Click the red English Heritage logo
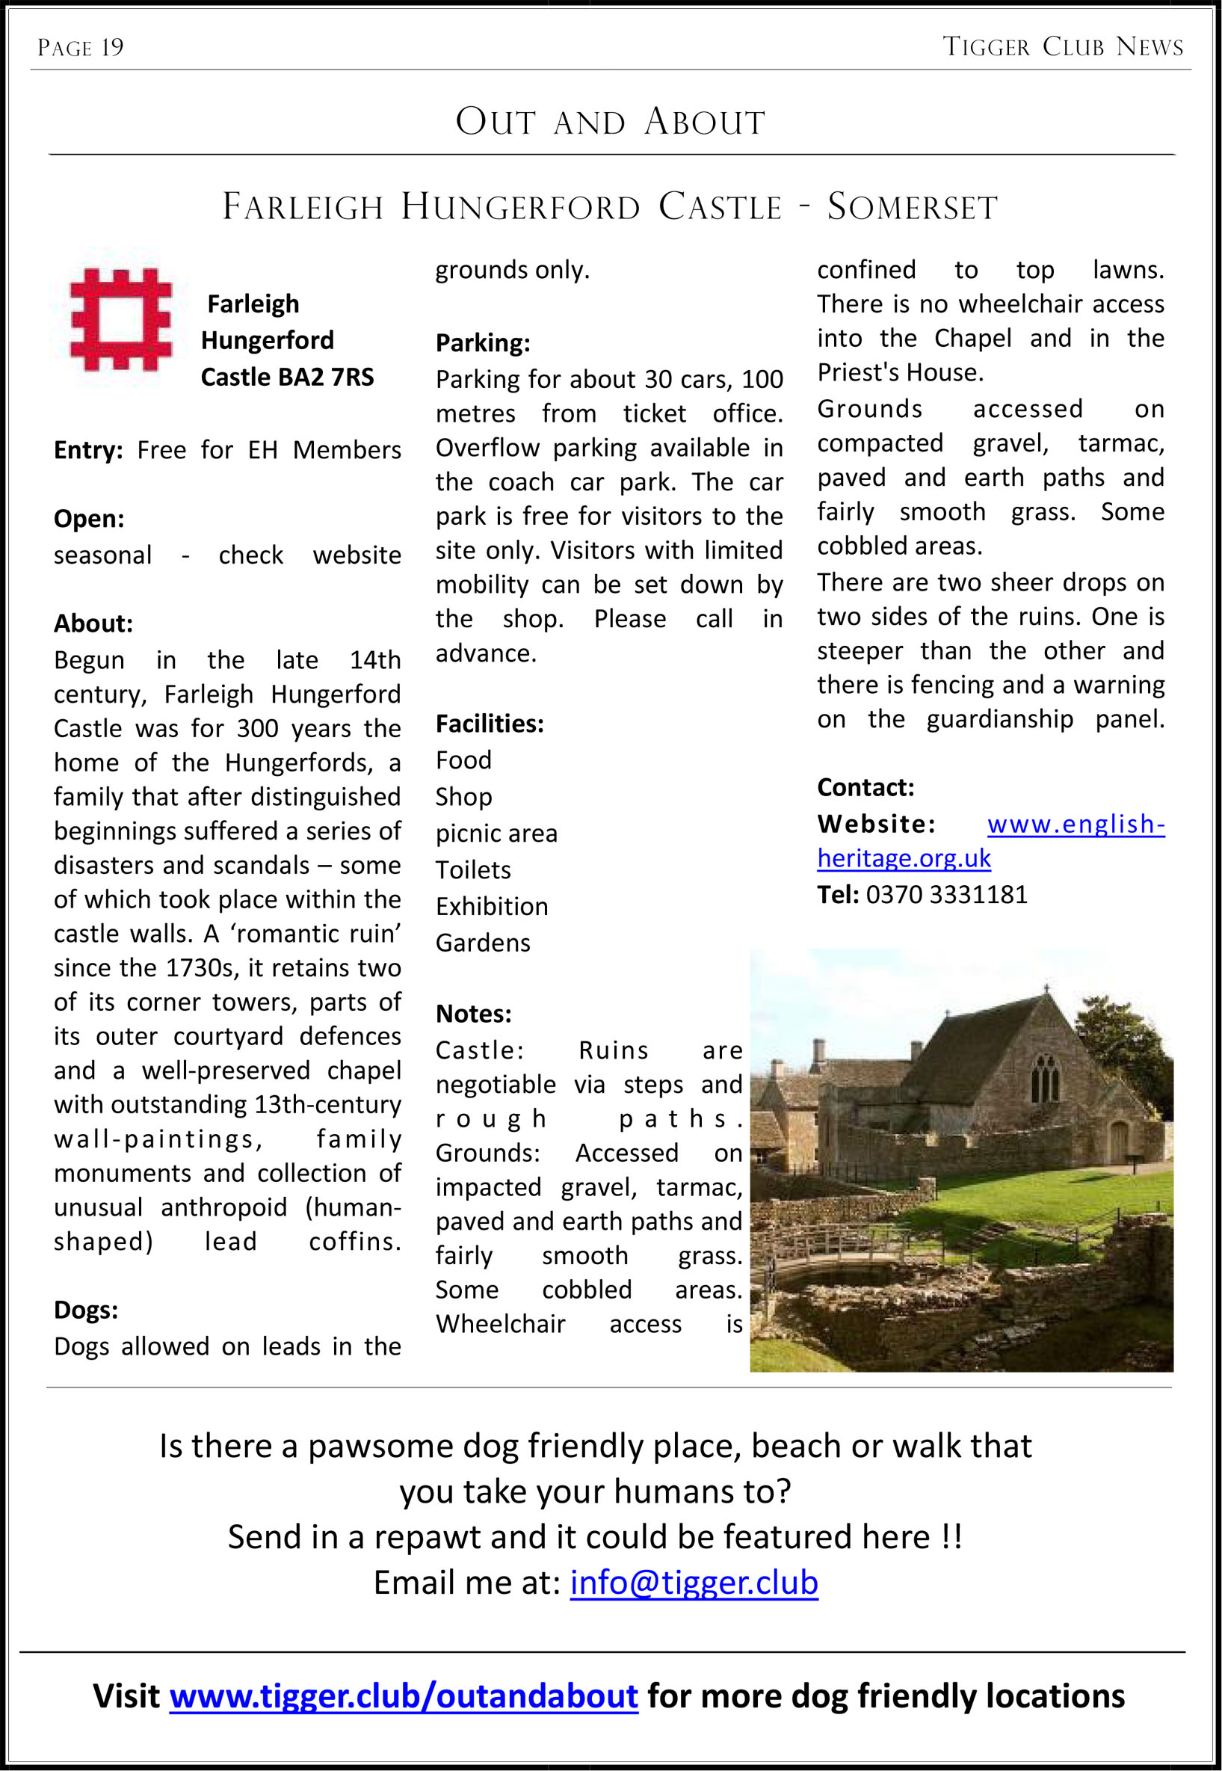click(x=120, y=320)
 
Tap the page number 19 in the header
click(x=112, y=48)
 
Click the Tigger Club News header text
click(x=1063, y=46)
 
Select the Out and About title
click(x=610, y=122)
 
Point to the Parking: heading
click(x=482, y=343)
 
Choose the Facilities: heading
click(x=490, y=724)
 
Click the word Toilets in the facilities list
click(x=472, y=870)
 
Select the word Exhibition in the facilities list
click(x=492, y=907)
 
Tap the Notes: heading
click(x=473, y=1014)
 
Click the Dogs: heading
click(x=86, y=1310)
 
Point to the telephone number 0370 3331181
click(x=946, y=894)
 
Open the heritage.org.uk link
click(x=904, y=858)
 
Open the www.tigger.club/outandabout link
click(x=404, y=1696)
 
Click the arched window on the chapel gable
click(x=1045, y=1077)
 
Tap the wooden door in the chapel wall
click(x=1119, y=1142)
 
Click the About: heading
click(x=93, y=624)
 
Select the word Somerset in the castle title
click(x=912, y=207)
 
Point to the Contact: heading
click(x=865, y=787)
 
